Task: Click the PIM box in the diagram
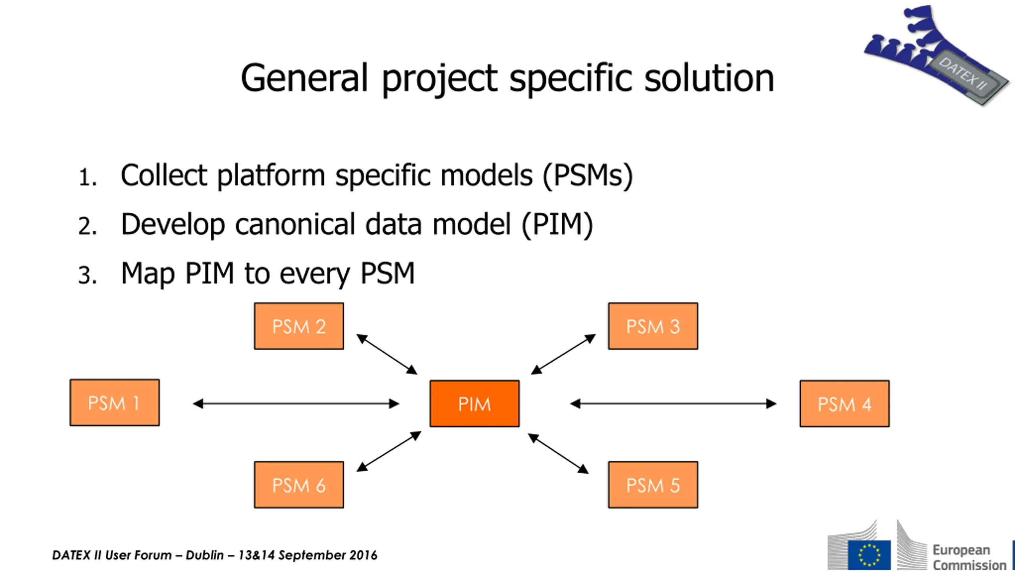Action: pyautogui.click(x=475, y=404)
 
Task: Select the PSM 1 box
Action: pyautogui.click(x=115, y=402)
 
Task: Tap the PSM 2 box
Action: pyautogui.click(x=299, y=326)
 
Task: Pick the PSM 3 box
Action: pyautogui.click(x=653, y=326)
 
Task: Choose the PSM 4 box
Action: pyautogui.click(x=845, y=404)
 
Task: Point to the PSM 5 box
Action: pyautogui.click(x=653, y=485)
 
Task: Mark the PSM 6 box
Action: pyautogui.click(x=299, y=485)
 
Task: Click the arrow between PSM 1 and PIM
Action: pyautogui.click(x=296, y=404)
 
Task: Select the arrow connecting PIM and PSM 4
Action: pyautogui.click(x=673, y=404)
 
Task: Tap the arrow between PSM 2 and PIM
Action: pyautogui.click(x=387, y=354)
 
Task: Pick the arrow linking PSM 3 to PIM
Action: pyautogui.click(x=563, y=354)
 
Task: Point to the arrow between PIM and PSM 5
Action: pyautogui.click(x=558, y=454)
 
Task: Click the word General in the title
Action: pyautogui.click(x=304, y=78)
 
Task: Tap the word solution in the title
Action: pyautogui.click(x=709, y=78)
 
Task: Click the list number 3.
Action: pyautogui.click(x=87, y=275)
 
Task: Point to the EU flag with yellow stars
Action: pyautogui.click(x=869, y=554)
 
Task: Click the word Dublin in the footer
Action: pyautogui.click(x=205, y=555)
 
